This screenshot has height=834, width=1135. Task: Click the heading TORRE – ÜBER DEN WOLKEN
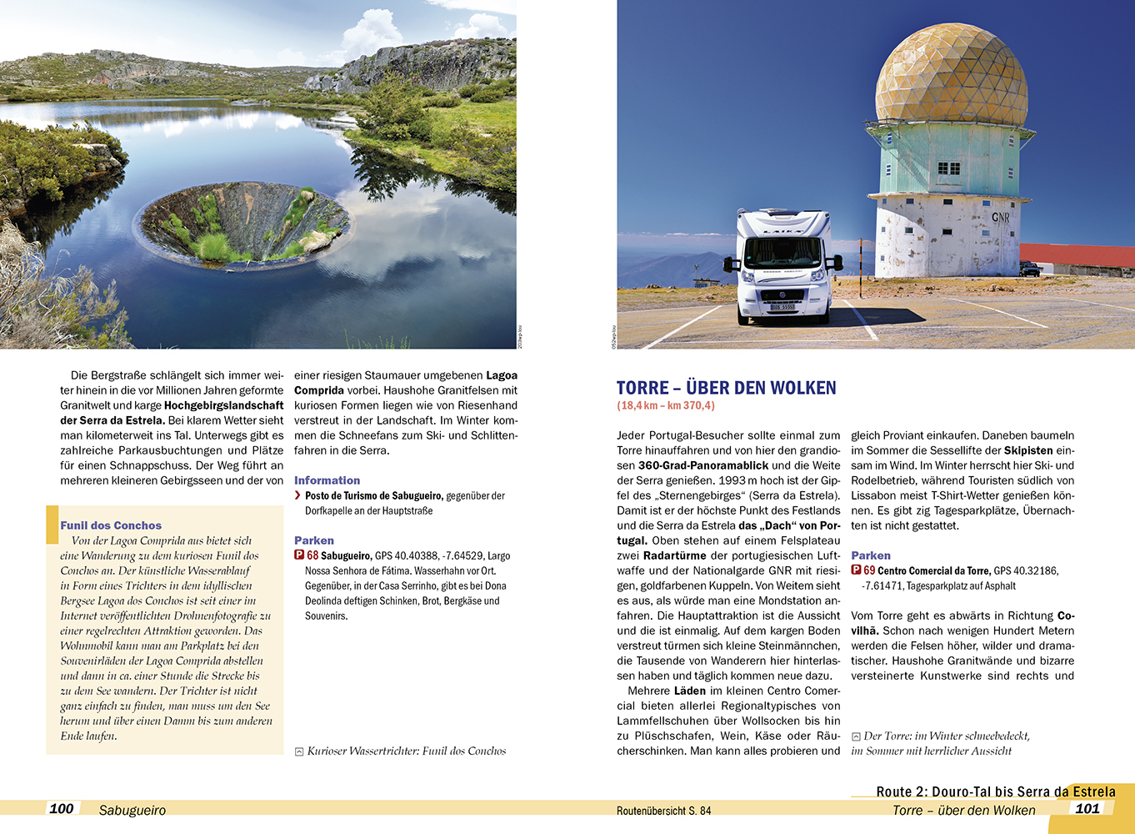pyautogui.click(x=726, y=388)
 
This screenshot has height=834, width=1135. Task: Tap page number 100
pyautogui.click(x=62, y=808)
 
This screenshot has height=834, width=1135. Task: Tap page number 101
pyautogui.click(x=1087, y=808)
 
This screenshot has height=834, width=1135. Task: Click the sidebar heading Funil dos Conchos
pyautogui.click(x=111, y=525)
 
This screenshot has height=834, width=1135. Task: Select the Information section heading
pyautogui.click(x=327, y=480)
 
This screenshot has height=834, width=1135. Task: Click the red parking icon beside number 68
pyautogui.click(x=299, y=555)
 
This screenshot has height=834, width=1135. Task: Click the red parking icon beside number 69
pyautogui.click(x=856, y=570)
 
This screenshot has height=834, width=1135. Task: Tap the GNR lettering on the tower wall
pyautogui.click(x=1000, y=217)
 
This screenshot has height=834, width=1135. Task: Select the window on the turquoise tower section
pyautogui.click(x=948, y=168)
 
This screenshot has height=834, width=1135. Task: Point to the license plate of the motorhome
pyautogui.click(x=782, y=308)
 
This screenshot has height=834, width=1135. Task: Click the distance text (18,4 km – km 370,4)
pyautogui.click(x=665, y=406)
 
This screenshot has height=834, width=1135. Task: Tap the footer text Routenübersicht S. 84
pyautogui.click(x=663, y=811)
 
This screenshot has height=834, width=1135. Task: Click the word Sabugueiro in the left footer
pyautogui.click(x=132, y=810)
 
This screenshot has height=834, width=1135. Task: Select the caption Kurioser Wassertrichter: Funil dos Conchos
pyautogui.click(x=406, y=751)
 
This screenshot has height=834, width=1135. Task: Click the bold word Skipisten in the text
pyautogui.click(x=1028, y=450)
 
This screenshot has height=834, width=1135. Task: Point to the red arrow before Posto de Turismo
pyautogui.click(x=297, y=495)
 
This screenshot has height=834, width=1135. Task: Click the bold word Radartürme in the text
pyautogui.click(x=674, y=555)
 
